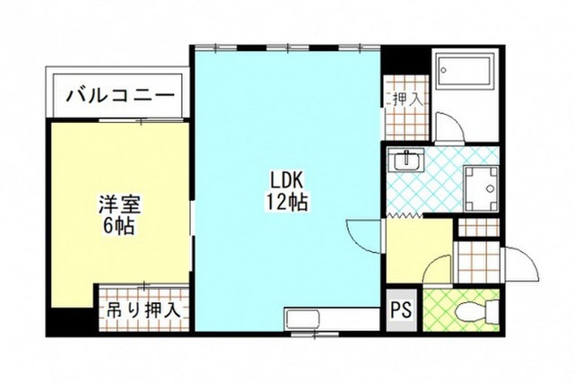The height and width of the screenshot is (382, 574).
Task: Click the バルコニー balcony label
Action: (x=119, y=96)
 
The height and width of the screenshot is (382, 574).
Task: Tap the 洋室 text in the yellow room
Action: (x=119, y=204)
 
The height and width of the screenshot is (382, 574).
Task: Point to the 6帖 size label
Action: (x=119, y=226)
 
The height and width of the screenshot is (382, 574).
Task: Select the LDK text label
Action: (x=286, y=180)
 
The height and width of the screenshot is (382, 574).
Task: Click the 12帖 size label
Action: (x=286, y=202)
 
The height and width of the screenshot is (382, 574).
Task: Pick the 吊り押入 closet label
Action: (x=143, y=310)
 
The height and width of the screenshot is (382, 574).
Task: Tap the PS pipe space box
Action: (x=402, y=310)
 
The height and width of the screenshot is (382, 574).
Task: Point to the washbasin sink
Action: (x=405, y=160)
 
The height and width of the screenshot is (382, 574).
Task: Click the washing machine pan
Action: (x=481, y=189)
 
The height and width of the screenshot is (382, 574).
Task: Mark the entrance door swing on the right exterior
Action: (x=521, y=264)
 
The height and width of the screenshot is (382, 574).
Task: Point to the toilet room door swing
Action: (x=437, y=269)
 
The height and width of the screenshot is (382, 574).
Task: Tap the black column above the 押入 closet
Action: (x=404, y=60)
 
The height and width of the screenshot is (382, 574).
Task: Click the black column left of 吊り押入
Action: (x=72, y=321)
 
